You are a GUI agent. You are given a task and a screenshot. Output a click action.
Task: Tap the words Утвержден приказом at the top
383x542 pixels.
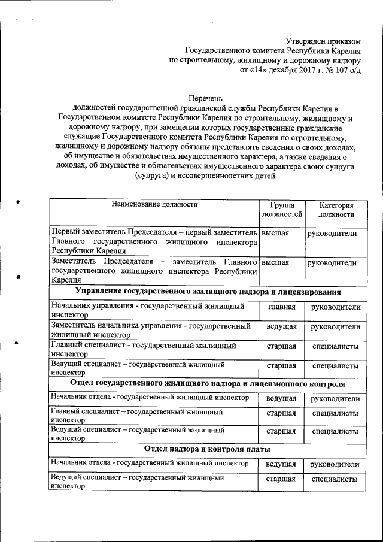pos(324,41)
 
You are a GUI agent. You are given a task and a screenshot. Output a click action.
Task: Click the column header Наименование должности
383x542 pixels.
pos(154,205)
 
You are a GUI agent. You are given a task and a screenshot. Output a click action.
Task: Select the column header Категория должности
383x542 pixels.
pos(336,210)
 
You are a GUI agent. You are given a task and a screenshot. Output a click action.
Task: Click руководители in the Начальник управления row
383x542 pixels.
pos(336,307)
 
